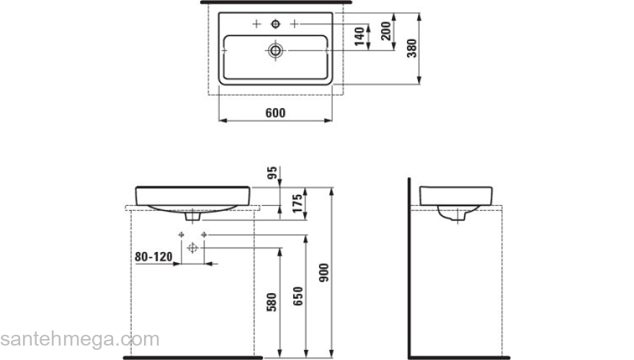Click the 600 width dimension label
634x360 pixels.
(275, 113)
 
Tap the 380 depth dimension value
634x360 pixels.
(411, 48)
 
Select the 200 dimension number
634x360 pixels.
(386, 31)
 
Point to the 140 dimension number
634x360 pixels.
(360, 37)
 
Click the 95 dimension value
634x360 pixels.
(272, 173)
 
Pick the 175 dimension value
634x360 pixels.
(297, 204)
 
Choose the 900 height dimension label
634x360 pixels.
(324, 272)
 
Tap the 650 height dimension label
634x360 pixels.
(298, 296)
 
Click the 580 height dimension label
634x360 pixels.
(272, 302)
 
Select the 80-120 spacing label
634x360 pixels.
(153, 256)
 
